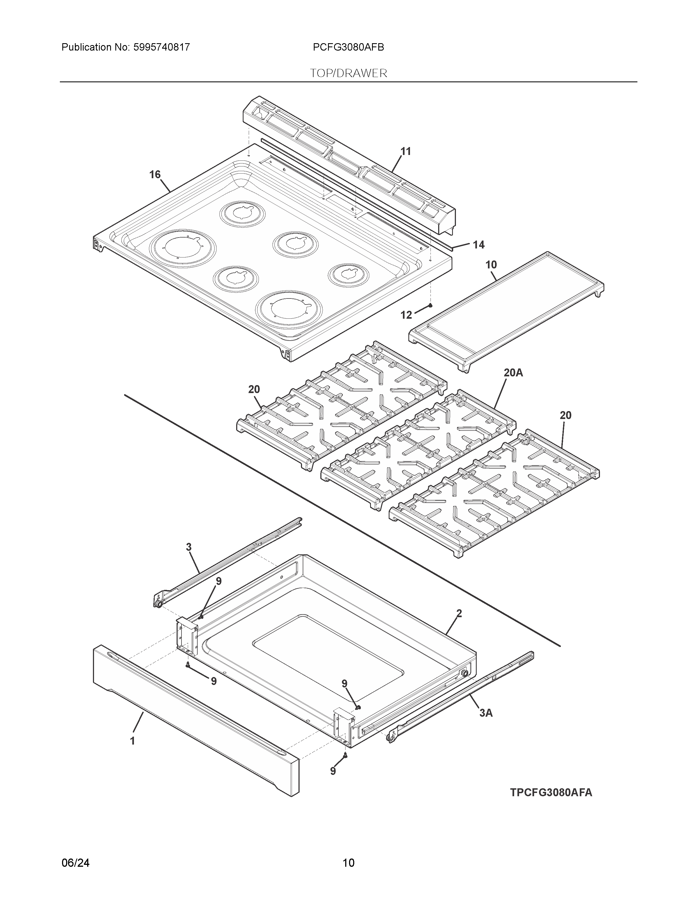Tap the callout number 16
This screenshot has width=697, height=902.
(155, 175)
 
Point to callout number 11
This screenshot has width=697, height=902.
(406, 152)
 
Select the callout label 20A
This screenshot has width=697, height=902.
(513, 373)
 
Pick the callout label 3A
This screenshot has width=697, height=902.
(486, 713)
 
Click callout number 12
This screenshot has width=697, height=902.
(406, 315)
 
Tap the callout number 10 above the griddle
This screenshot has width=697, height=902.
(491, 265)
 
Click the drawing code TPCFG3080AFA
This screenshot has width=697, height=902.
(551, 793)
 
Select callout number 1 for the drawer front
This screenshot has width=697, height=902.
(133, 741)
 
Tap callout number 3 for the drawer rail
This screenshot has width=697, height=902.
(189, 547)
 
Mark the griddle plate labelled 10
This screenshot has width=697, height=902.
(506, 312)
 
